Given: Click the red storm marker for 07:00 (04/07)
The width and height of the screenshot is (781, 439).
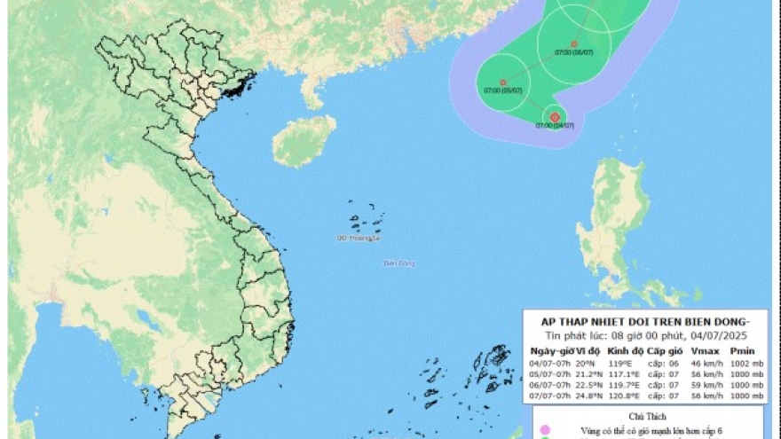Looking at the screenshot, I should tap(555, 117).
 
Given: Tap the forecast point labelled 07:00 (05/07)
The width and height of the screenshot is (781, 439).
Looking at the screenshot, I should tap(502, 82).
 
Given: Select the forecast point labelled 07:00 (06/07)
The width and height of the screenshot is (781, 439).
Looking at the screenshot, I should tap(573, 43).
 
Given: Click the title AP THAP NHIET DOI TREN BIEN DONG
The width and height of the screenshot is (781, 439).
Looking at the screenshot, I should tap(645, 320).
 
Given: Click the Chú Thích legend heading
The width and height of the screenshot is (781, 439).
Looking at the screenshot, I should tap(645, 414).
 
